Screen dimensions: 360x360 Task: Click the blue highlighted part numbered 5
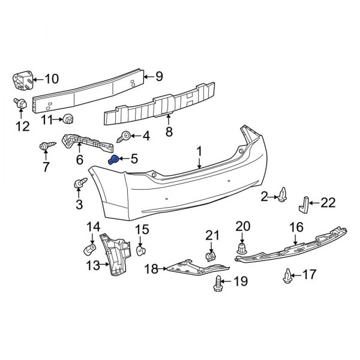pos(112,159)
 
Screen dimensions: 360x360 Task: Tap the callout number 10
pos(52,79)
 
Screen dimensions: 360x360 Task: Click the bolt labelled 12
pos(21,105)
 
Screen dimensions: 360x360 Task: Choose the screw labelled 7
pos(47,146)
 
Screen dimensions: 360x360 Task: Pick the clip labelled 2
pos(283,195)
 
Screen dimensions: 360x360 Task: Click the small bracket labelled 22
pos(304,204)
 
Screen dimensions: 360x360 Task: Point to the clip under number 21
pos(210,257)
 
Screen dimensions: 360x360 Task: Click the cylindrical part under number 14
pos(89,248)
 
